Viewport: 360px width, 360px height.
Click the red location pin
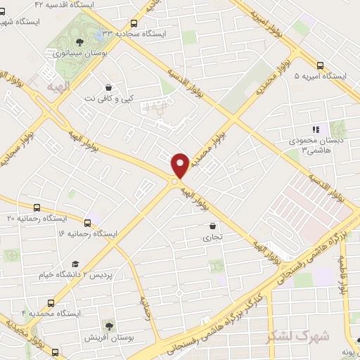tap(180, 165)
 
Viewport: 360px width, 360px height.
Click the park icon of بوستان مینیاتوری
tap(78, 41)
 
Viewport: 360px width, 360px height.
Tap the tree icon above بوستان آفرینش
tap(108, 326)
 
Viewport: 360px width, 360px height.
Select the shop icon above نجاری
tap(212, 226)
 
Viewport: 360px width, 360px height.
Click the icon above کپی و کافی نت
tap(108, 86)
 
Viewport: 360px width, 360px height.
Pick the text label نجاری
tap(212, 238)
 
